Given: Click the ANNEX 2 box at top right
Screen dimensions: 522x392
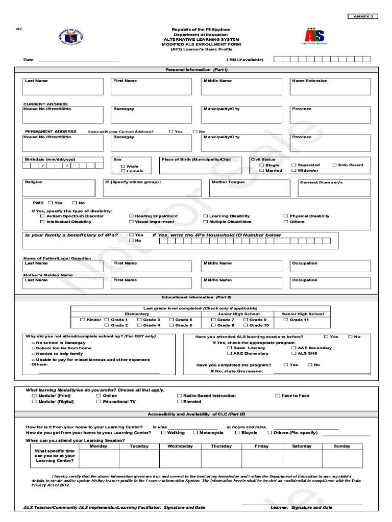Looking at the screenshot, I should coord(363,16).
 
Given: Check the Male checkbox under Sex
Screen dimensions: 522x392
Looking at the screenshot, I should coord(122,166).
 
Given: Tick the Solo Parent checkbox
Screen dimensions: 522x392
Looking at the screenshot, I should coord(334,165).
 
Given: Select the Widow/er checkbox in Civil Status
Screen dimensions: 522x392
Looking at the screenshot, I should coord(294,171).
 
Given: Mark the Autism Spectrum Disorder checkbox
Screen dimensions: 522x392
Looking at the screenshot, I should coord(42,216).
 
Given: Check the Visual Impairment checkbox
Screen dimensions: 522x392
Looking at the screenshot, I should coord(131,222).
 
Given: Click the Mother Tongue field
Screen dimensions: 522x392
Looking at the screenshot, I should coord(251,188).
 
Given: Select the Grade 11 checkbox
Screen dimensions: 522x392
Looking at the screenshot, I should coord(286,320).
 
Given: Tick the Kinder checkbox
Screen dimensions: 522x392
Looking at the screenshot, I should coord(83,320).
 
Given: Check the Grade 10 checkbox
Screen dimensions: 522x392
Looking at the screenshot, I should coord(246,325).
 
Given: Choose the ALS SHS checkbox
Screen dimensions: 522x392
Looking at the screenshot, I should coord(293,353).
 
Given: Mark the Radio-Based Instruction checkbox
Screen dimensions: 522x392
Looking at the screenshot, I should coord(179,396).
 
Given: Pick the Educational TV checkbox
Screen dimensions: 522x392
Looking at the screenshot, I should coord(99,402).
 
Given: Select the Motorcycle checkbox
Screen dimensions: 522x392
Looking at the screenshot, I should coord(195,432).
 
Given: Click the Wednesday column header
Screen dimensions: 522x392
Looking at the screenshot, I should coord(180,446).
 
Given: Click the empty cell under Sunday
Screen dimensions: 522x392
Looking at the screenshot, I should coord(342,458).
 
